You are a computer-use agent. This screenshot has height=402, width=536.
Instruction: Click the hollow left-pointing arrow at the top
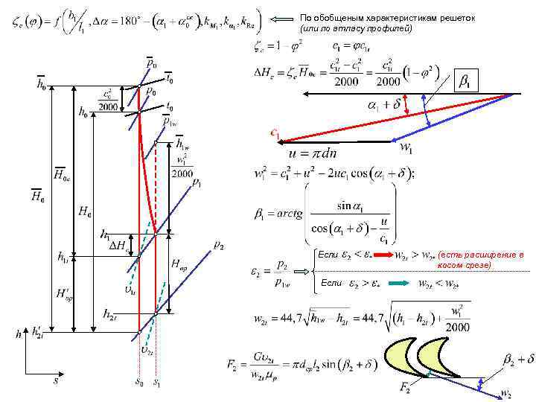tap(281, 19)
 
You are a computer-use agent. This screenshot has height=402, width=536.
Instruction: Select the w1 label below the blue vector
tap(407, 149)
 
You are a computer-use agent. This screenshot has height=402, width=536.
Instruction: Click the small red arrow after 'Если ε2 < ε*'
tap(385, 256)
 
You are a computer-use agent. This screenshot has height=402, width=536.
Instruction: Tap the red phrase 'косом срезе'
tap(464, 265)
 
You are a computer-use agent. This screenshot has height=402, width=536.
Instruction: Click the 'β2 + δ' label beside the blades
tap(508, 359)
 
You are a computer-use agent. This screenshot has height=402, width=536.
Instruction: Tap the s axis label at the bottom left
tap(55, 380)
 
